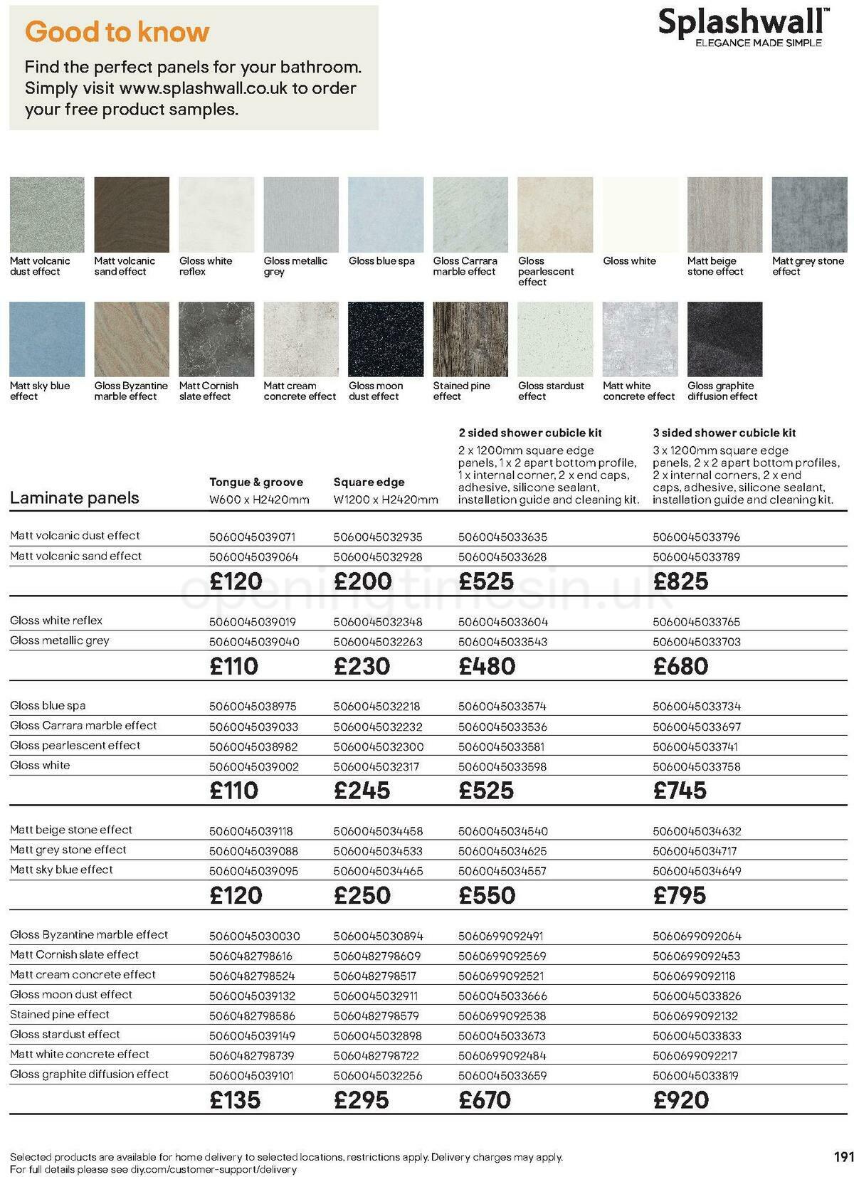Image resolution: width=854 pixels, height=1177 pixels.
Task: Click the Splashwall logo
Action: click(742, 27)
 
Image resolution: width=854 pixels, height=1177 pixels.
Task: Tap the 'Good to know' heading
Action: click(117, 31)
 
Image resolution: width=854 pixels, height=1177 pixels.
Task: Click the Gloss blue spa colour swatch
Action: click(385, 214)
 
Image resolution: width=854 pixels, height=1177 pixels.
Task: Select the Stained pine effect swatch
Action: click(470, 339)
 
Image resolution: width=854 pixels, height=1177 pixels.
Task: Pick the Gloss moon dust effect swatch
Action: click(385, 339)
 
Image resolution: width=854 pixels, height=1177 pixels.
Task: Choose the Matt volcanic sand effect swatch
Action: click(132, 214)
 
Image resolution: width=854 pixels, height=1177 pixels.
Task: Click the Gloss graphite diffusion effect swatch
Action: click(724, 339)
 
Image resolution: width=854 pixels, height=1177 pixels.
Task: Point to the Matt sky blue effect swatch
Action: click(47, 339)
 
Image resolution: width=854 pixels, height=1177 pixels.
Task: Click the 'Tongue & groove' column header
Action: click(256, 482)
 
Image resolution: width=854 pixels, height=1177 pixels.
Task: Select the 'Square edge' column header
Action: click(369, 482)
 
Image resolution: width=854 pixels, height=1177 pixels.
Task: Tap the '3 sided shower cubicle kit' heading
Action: click(724, 433)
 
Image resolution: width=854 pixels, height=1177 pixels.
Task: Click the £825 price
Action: click(681, 581)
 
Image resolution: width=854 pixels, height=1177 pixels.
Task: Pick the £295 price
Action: click(362, 1100)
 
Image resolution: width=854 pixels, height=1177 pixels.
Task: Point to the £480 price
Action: click(487, 666)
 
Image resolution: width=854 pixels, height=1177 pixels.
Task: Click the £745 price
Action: click(680, 791)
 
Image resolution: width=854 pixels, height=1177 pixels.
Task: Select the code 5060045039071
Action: click(252, 537)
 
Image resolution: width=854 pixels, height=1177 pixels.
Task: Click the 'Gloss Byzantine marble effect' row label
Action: click(89, 935)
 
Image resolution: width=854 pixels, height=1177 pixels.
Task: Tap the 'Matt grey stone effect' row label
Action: click(68, 850)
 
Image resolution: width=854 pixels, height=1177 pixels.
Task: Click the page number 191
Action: click(843, 1157)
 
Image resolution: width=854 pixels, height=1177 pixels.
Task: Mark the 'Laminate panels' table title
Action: click(75, 497)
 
